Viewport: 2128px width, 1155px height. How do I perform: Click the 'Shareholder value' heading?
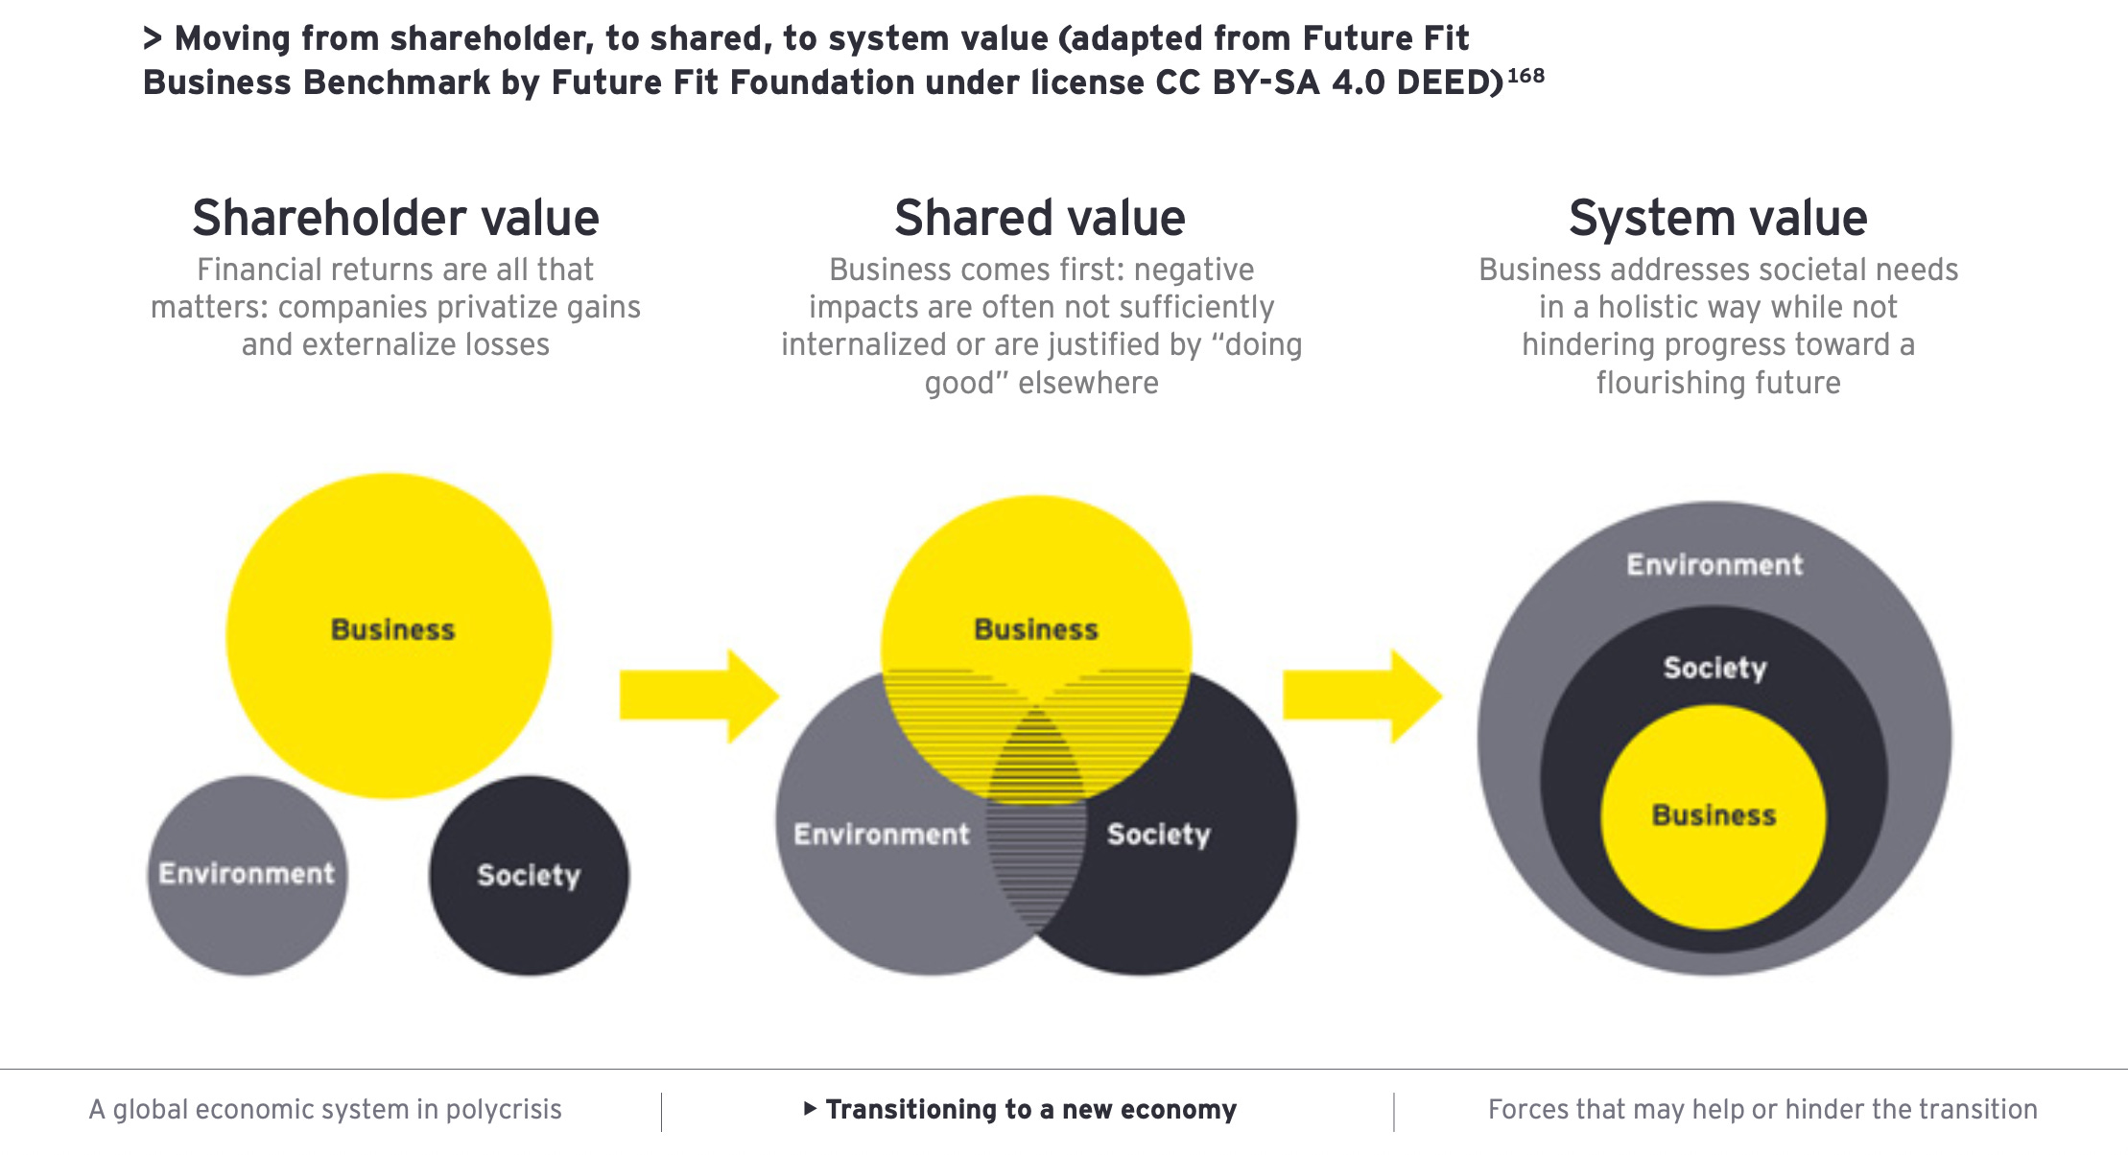pos(395,219)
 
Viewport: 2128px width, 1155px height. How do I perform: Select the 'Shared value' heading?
pos(1040,219)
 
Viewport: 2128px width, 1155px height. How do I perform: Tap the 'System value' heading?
pos(1717,219)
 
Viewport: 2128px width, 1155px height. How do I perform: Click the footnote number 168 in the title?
pos(1525,76)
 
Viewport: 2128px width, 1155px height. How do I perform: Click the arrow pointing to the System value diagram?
pos(1361,695)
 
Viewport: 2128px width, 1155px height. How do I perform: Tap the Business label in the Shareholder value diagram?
pos(392,630)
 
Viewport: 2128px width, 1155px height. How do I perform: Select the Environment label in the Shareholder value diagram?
pos(247,874)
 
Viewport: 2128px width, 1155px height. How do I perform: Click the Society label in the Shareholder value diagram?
pos(529,875)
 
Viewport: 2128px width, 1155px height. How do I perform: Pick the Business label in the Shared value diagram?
pos(1036,630)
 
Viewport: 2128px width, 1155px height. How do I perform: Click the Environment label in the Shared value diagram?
pos(882,835)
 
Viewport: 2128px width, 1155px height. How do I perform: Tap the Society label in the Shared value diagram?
pos(1159,835)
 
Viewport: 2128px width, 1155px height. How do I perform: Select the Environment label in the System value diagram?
pos(1714,565)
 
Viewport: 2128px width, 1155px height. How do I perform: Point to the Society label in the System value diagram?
pos(1714,668)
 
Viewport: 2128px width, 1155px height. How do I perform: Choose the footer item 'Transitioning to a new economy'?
pos(1030,1110)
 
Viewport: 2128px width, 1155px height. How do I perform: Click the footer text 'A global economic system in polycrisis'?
pos(325,1110)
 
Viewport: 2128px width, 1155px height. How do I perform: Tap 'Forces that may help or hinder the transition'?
pos(1762,1110)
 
